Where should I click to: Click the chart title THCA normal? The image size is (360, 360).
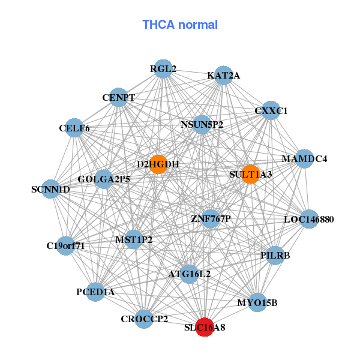tap(179, 25)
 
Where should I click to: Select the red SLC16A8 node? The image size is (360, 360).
tap(205, 327)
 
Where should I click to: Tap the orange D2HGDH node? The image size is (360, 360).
tap(158, 164)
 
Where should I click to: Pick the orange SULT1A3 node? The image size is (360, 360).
tap(250, 174)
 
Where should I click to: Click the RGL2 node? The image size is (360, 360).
tap(163, 69)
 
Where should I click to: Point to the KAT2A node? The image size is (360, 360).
tap(223, 75)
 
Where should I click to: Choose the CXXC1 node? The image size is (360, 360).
tap(271, 110)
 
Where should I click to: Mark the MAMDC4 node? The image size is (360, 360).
tap(305, 159)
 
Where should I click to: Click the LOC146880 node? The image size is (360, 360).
tap(308, 219)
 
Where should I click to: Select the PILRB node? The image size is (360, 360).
tap(275, 256)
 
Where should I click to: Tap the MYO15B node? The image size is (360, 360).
tap(257, 302)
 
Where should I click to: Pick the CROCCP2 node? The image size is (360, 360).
tap(145, 318)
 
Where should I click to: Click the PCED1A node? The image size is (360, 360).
tap(95, 292)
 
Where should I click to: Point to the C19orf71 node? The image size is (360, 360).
tap(66, 245)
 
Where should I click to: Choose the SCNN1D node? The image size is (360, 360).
tap(51, 190)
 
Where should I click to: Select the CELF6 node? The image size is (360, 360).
tap(74, 128)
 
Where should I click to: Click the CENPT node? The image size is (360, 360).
tap(118, 97)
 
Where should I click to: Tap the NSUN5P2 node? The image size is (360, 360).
tap(202, 125)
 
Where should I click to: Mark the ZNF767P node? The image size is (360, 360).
tap(210, 218)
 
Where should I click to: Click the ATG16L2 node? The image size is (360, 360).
tap(189, 274)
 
